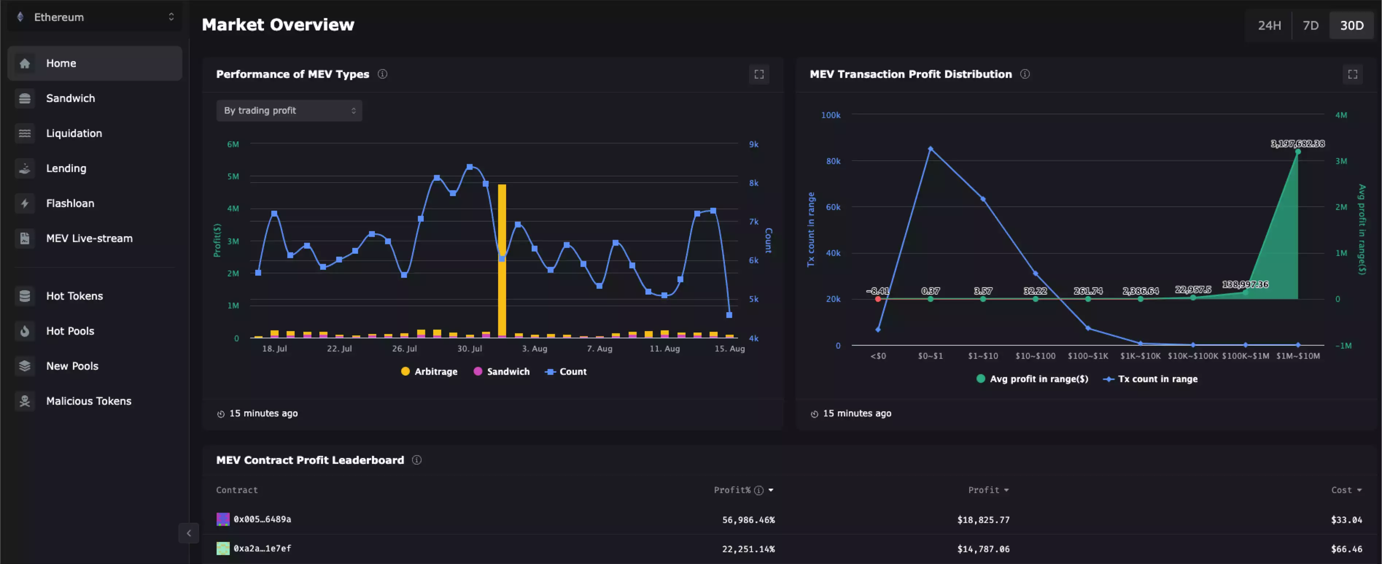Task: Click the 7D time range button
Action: click(x=1310, y=25)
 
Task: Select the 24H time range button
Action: click(x=1269, y=25)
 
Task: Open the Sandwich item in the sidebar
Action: click(x=70, y=98)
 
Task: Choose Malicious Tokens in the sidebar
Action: click(x=89, y=401)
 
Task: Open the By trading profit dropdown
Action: click(x=289, y=111)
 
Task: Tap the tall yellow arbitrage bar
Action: click(x=502, y=260)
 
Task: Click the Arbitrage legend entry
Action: click(x=429, y=371)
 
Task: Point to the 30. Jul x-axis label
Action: click(x=469, y=349)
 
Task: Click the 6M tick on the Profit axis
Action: click(x=233, y=144)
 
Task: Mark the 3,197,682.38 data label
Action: click(x=1297, y=143)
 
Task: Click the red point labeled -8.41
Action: click(x=878, y=299)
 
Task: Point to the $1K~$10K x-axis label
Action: click(x=1140, y=356)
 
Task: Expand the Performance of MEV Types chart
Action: click(x=758, y=74)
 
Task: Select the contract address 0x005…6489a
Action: click(x=262, y=519)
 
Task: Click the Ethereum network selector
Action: click(x=95, y=17)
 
